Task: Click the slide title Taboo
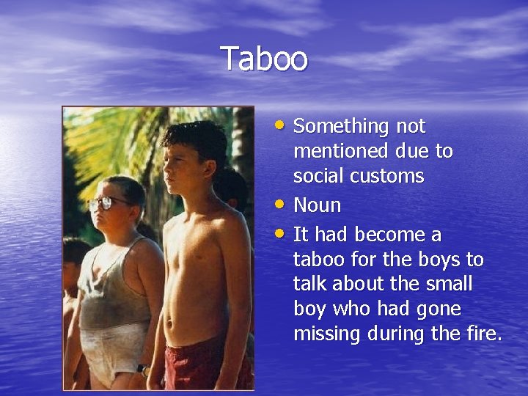pos(264,59)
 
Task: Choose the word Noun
pos(317,205)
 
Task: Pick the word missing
pos(327,334)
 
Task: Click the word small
pos(449,285)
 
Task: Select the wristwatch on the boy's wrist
pos(143,370)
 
